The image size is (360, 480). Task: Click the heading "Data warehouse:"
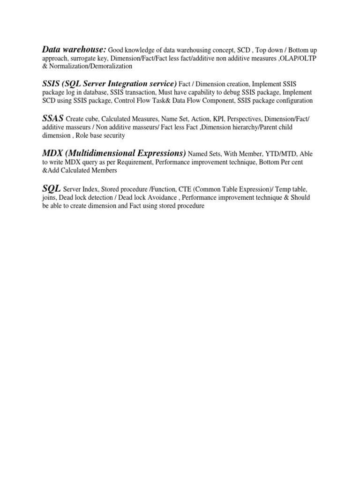[x=75, y=49]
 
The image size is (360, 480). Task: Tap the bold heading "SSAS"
[x=53, y=119]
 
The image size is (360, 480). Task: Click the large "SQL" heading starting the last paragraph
[x=52, y=188]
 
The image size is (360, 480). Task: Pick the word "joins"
[x=49, y=197]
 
